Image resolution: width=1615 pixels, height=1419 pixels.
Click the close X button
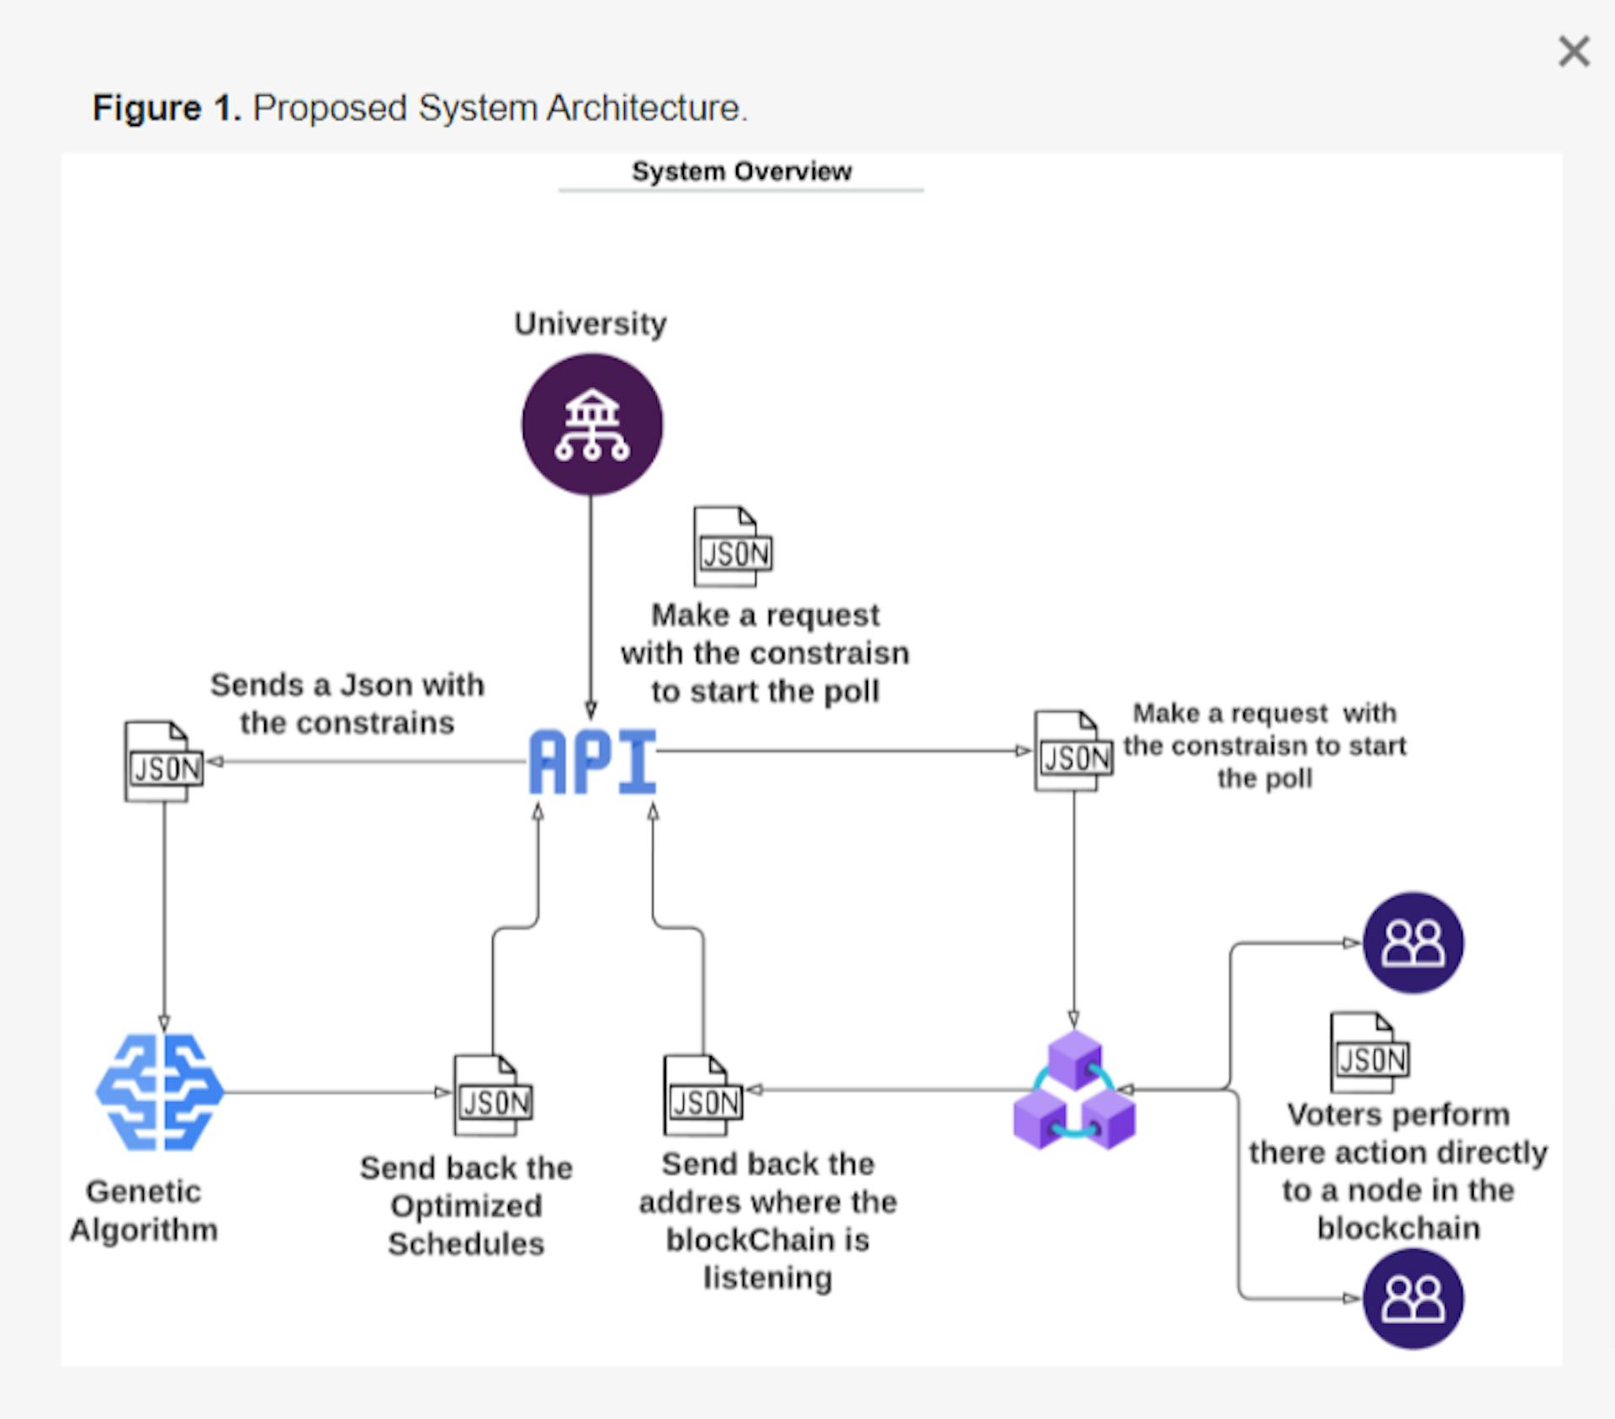(1573, 51)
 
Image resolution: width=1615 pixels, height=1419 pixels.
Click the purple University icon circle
(592, 424)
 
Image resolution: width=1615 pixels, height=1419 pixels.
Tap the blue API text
(592, 762)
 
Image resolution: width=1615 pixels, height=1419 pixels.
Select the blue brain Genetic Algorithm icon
(160, 1091)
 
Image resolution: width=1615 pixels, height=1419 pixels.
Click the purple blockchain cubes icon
(1074, 1091)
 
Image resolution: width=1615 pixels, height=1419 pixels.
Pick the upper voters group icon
(1413, 942)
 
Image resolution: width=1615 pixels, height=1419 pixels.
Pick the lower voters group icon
(1413, 1298)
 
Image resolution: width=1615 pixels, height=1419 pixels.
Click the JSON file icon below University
(733, 546)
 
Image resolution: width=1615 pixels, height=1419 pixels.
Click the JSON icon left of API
(164, 761)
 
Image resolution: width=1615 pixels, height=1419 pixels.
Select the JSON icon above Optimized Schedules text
(493, 1095)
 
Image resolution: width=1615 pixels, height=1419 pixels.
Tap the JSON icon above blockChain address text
(703, 1095)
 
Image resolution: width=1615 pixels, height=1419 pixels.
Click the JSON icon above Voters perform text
(1369, 1052)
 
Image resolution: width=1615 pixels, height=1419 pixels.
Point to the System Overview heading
(741, 171)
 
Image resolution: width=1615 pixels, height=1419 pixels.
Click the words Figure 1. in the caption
(167, 108)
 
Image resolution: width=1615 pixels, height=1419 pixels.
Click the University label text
(590, 324)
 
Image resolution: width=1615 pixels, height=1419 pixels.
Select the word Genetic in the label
(144, 1191)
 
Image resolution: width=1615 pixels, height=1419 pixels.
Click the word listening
(767, 1278)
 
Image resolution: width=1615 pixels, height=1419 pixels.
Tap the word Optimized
(466, 1206)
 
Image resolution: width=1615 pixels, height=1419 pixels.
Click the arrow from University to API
(590, 605)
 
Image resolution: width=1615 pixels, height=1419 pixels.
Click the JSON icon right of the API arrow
(1074, 751)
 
